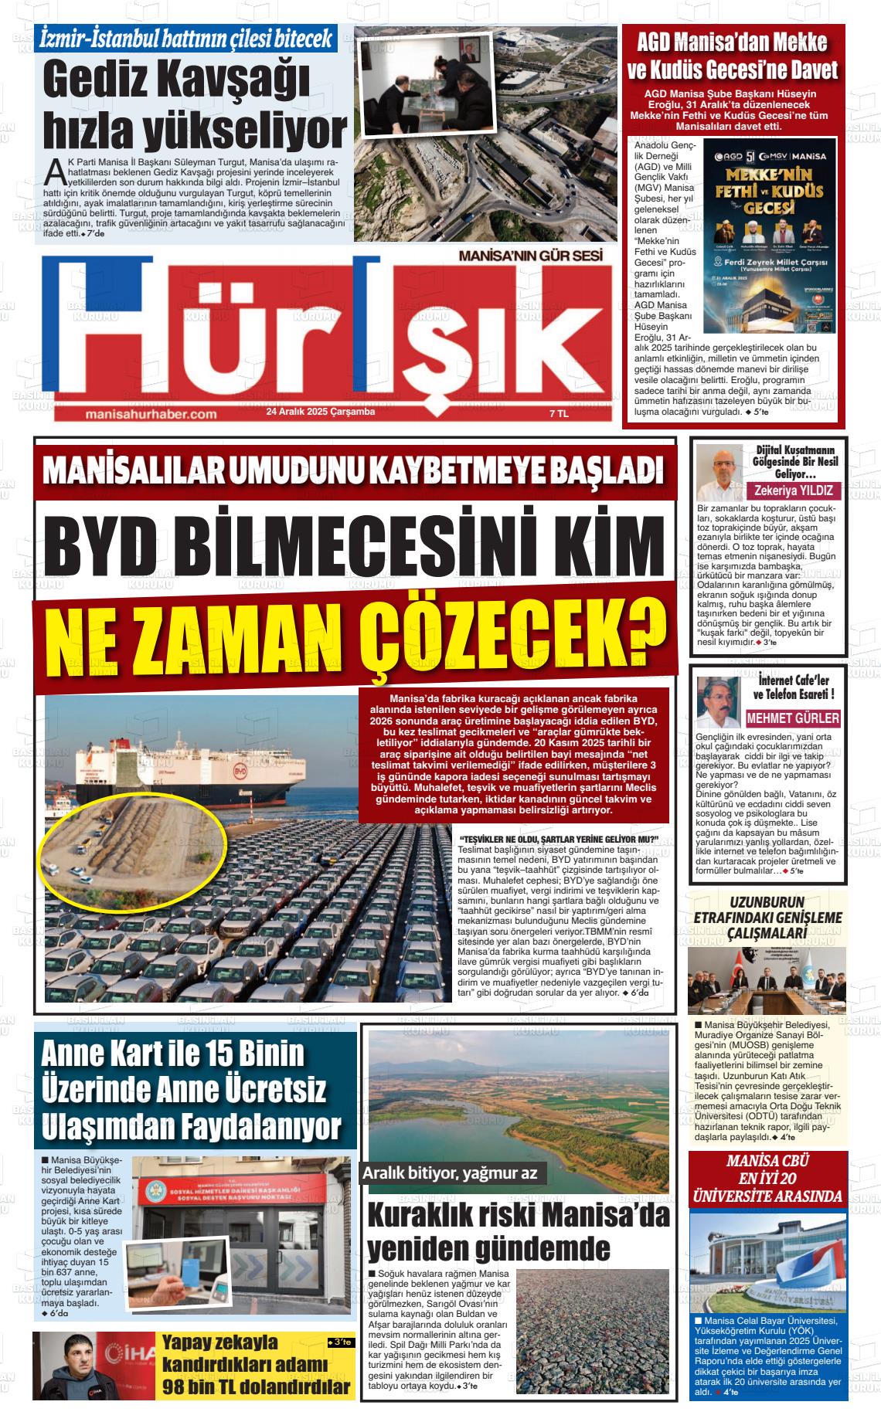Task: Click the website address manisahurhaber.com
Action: click(x=150, y=415)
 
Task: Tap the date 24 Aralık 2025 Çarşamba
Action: click(x=320, y=412)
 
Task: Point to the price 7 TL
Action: click(x=558, y=414)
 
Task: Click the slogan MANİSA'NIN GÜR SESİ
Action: click(x=526, y=254)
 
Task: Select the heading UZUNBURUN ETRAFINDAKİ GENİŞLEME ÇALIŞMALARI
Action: click(x=767, y=918)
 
